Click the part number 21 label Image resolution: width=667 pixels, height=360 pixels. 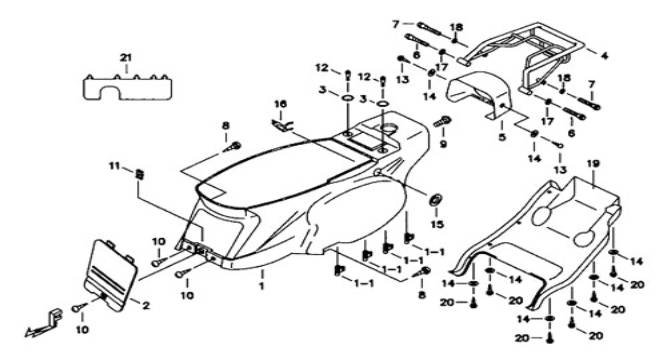point(125,58)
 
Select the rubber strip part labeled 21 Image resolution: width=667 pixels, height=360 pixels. point(127,87)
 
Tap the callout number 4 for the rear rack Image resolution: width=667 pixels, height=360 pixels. point(604,56)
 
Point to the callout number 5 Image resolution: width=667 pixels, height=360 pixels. point(502,137)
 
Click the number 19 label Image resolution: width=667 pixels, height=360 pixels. point(593,164)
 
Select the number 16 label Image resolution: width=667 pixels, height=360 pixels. point(280,104)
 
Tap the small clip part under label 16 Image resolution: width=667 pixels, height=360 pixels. point(281,125)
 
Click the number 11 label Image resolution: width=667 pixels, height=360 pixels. point(114,166)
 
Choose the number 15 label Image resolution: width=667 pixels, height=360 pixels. point(437,224)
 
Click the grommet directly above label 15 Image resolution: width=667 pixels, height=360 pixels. point(436,199)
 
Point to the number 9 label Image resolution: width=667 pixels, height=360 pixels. point(443,144)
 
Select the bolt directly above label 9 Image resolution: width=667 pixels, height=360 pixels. point(442,122)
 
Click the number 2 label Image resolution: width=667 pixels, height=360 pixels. point(146,305)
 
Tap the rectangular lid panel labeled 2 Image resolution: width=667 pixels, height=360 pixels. point(111,274)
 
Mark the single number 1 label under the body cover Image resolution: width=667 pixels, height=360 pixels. point(262,286)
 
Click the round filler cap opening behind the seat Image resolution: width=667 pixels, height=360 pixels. point(390,128)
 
